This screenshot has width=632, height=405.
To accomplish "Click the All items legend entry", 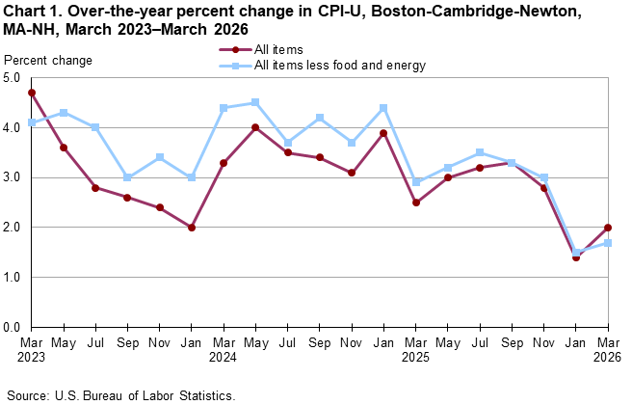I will pos(279,48).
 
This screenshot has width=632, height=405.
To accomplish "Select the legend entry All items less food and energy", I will pos(339,66).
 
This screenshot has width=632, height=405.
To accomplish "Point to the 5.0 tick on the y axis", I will pos(14,78).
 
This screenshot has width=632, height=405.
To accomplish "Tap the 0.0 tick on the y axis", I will pos(14,327).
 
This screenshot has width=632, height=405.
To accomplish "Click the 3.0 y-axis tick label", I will pos(14,177).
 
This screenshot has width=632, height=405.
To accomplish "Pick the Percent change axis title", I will pos(48,61).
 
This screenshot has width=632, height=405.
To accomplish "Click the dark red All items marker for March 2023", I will pos(33,93).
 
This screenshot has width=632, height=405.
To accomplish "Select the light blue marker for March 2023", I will pos(33,122).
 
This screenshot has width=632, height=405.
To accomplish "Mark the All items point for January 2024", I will pos(192,228).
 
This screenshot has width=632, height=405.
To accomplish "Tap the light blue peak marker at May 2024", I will pos(255,102).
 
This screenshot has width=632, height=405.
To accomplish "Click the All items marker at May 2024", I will pos(255,127).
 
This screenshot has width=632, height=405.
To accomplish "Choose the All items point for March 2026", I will pos(607,228).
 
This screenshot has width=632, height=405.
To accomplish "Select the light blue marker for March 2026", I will pos(607,242).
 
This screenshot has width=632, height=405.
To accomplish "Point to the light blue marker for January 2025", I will pos(383,107).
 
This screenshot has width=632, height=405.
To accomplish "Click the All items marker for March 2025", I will pos(415,202).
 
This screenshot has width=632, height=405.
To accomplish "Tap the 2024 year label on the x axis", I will pos(224,358).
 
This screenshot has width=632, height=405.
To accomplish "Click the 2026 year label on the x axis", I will pos(607,358).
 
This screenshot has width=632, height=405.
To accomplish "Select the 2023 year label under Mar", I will pos(33,358).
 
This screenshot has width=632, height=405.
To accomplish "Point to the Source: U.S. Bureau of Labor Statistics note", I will pos(119,395).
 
